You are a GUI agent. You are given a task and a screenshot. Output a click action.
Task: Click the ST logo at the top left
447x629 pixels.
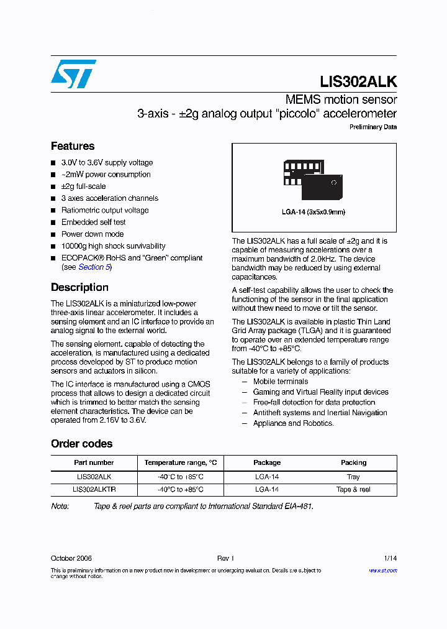[x=73, y=74]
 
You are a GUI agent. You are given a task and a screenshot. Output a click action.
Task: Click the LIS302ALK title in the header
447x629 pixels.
[x=358, y=81]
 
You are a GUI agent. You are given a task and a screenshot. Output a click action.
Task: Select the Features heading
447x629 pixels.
[x=73, y=146]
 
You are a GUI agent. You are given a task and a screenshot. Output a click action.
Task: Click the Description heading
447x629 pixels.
[x=79, y=287]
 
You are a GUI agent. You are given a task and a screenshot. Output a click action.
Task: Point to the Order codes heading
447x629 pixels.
[x=81, y=444]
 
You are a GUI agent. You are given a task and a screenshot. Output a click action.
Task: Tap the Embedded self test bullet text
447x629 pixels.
[x=93, y=222]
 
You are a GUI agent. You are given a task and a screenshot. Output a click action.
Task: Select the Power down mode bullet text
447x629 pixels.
[x=93, y=234]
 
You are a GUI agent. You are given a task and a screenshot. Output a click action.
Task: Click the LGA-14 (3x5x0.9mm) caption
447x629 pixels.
[x=314, y=212]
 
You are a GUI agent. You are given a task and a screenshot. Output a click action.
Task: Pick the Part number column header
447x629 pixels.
[x=94, y=462]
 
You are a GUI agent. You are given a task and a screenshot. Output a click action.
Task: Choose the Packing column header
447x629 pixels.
[x=353, y=462]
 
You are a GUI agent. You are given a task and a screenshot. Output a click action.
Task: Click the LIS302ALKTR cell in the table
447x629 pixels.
[x=94, y=489]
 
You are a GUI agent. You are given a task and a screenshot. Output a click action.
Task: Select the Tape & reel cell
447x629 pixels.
[x=353, y=489]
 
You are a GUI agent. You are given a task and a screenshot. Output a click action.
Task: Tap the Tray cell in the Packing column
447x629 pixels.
[x=353, y=477]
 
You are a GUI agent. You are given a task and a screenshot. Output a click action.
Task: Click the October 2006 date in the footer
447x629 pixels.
[x=71, y=558]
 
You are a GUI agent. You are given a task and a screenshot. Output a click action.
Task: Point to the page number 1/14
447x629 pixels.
[x=390, y=558]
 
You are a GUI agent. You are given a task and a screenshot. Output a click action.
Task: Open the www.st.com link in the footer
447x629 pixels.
[x=383, y=571]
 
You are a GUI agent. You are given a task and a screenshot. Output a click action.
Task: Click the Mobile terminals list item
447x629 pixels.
[x=281, y=382]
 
